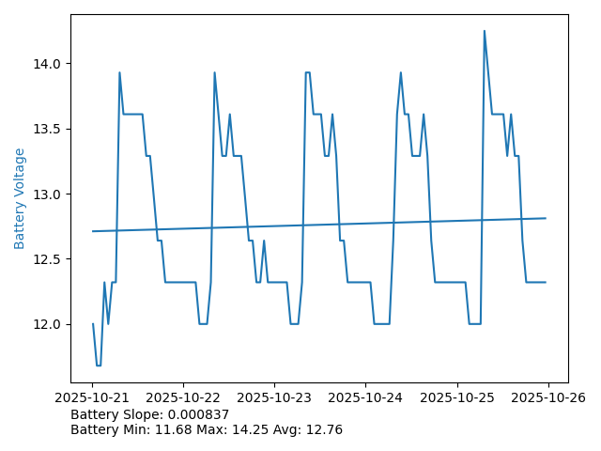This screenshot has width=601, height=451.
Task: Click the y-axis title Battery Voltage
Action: [x=20, y=198]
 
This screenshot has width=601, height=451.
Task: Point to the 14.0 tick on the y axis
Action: [x=47, y=64]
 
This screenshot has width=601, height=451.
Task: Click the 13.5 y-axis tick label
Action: [x=47, y=129]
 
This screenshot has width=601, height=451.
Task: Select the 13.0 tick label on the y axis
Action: [x=47, y=194]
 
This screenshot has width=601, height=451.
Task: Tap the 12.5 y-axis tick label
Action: [x=47, y=259]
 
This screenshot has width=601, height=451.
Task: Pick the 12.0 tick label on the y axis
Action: [x=47, y=324]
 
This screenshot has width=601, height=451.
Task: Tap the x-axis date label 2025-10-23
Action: [x=275, y=398]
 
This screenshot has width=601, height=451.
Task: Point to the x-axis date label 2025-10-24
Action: [x=366, y=398]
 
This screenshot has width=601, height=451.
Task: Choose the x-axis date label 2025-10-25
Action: [x=457, y=398]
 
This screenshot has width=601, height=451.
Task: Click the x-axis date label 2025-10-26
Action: [x=548, y=398]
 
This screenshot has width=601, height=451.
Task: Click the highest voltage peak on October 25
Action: [x=485, y=31]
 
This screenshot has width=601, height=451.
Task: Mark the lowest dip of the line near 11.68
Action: [x=99, y=365]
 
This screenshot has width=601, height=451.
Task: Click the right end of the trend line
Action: [x=546, y=218]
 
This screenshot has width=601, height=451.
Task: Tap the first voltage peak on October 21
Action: [x=119, y=72]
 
